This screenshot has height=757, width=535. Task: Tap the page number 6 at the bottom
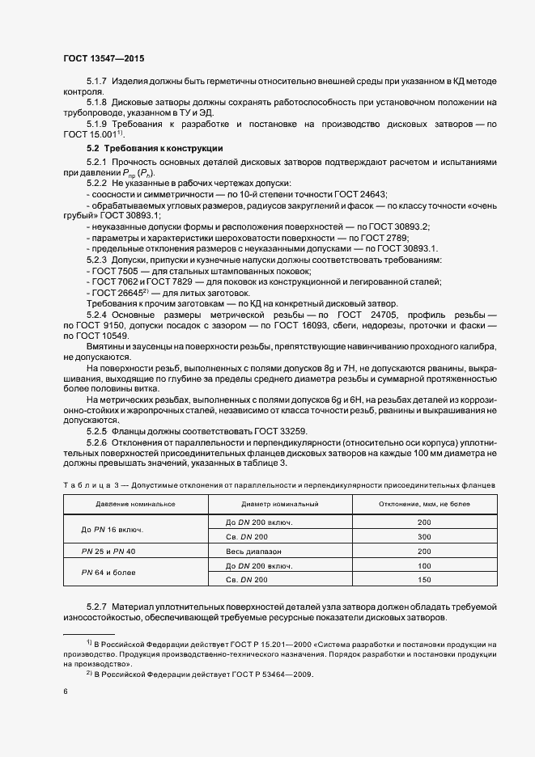[x=65, y=691]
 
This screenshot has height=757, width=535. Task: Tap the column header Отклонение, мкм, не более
[x=424, y=504]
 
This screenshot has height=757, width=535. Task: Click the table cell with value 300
[x=424, y=536]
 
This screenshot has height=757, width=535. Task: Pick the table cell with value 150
[x=424, y=580]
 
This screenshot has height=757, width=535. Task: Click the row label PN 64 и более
[x=109, y=573]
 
